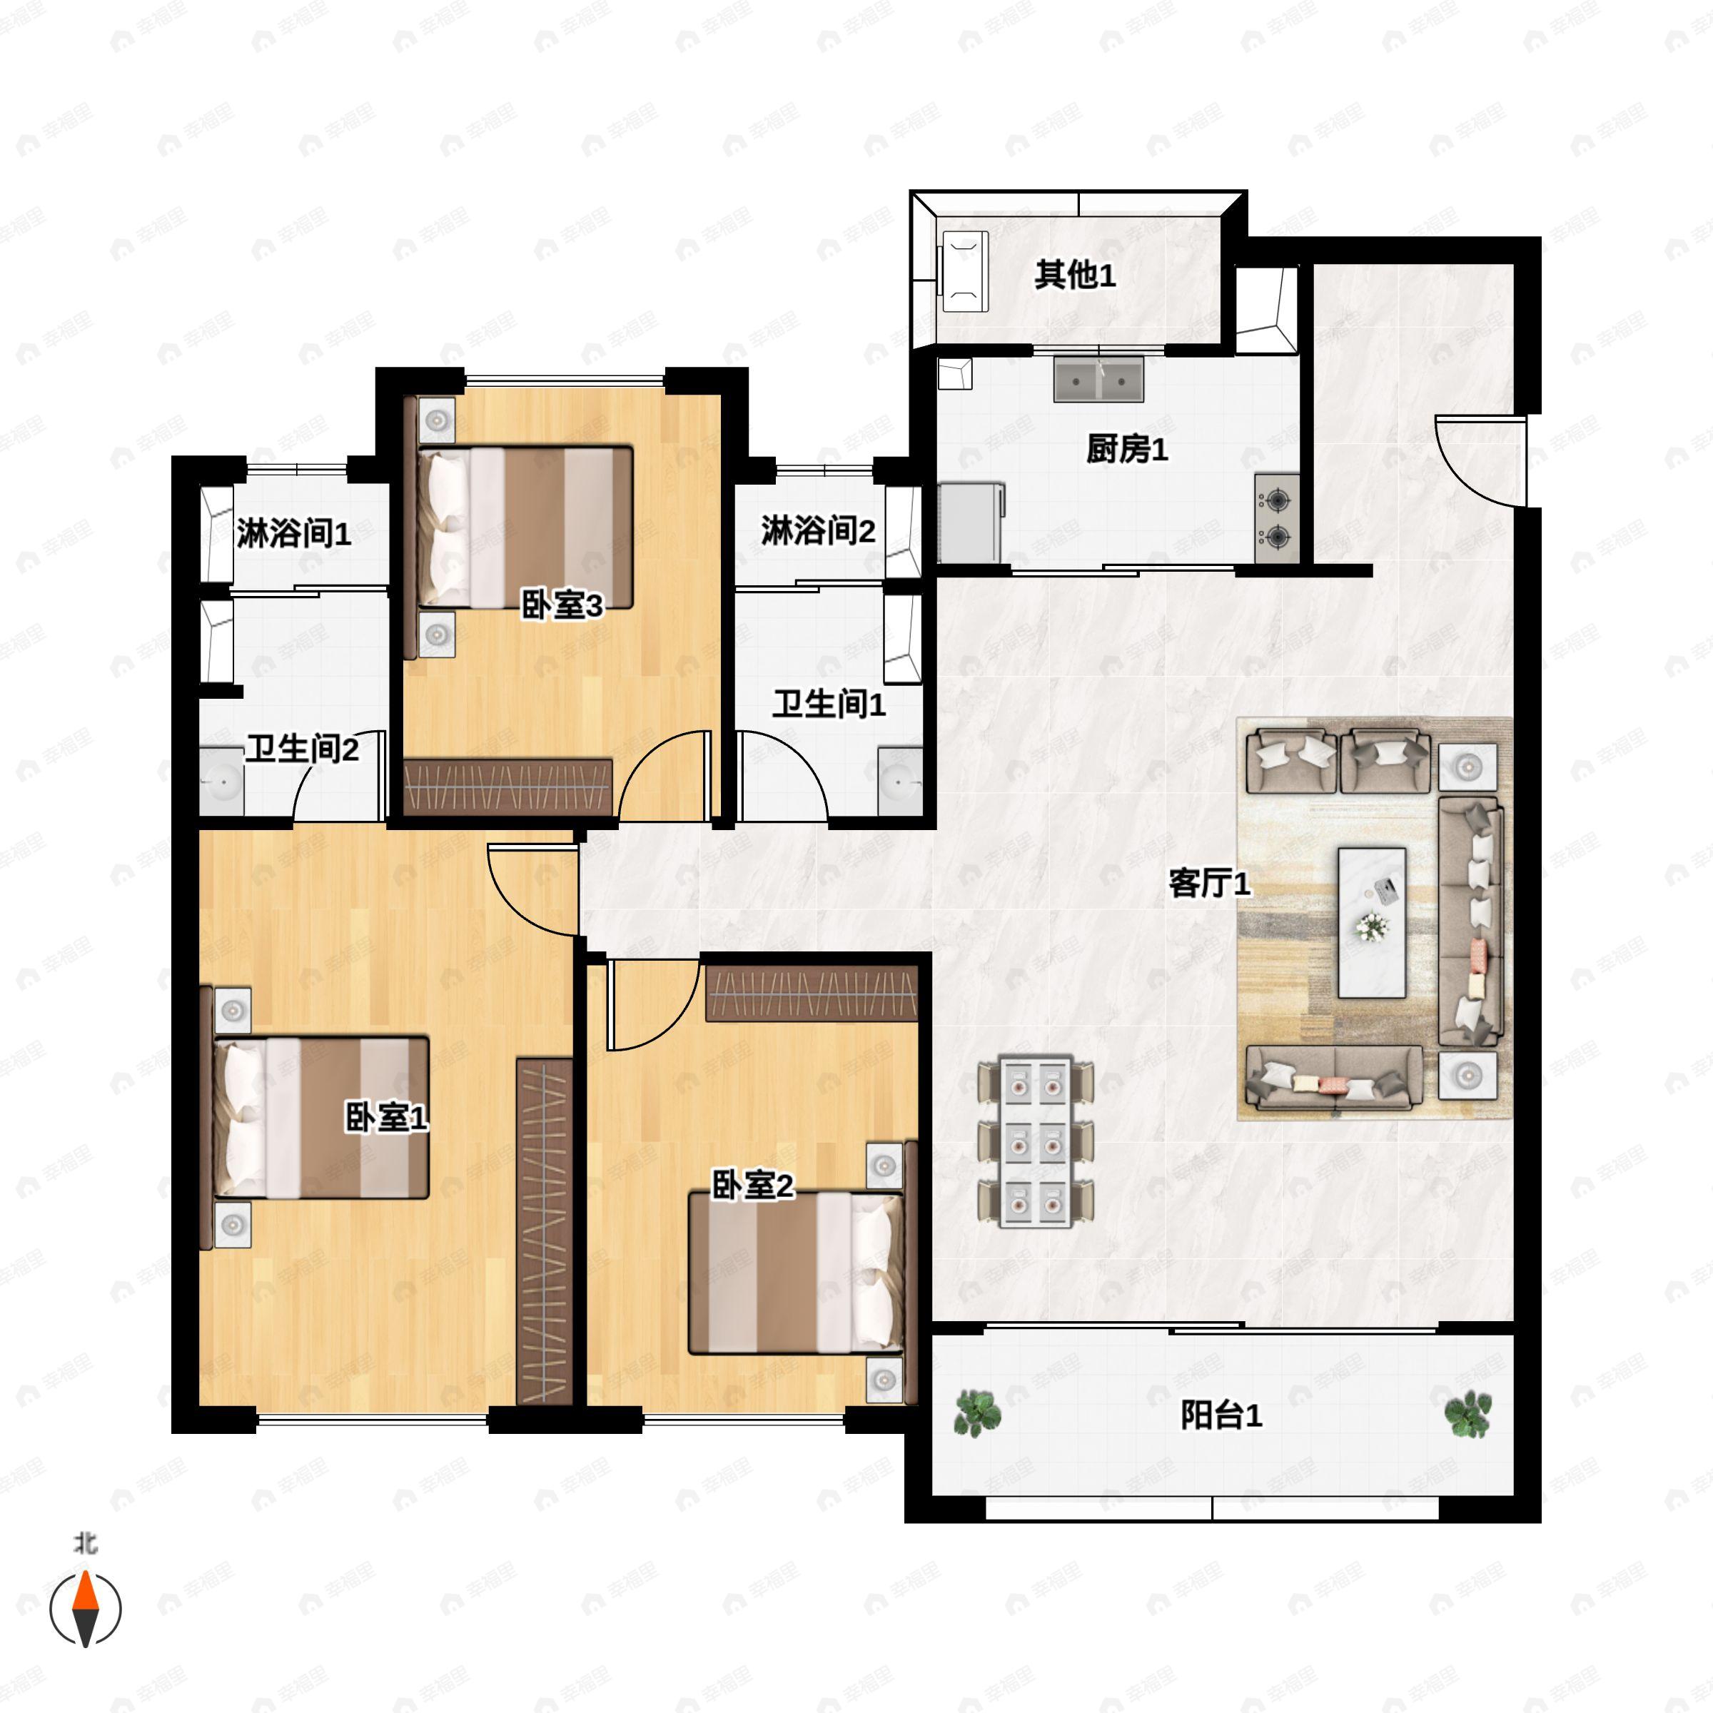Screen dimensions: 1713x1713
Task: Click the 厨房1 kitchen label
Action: tap(1126, 450)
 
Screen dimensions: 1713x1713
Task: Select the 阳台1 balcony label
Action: tap(1221, 1415)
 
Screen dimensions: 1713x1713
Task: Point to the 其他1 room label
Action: tap(1075, 275)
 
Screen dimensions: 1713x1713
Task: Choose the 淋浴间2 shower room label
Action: tap(817, 531)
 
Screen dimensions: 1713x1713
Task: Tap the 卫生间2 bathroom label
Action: tap(301, 749)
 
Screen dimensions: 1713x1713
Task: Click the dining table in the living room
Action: tap(1036, 1142)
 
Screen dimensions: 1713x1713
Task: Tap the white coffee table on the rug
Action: tap(1372, 923)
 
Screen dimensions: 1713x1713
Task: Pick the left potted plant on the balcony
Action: tap(977, 1412)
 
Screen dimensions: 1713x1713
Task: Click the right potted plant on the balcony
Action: tap(1467, 1413)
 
